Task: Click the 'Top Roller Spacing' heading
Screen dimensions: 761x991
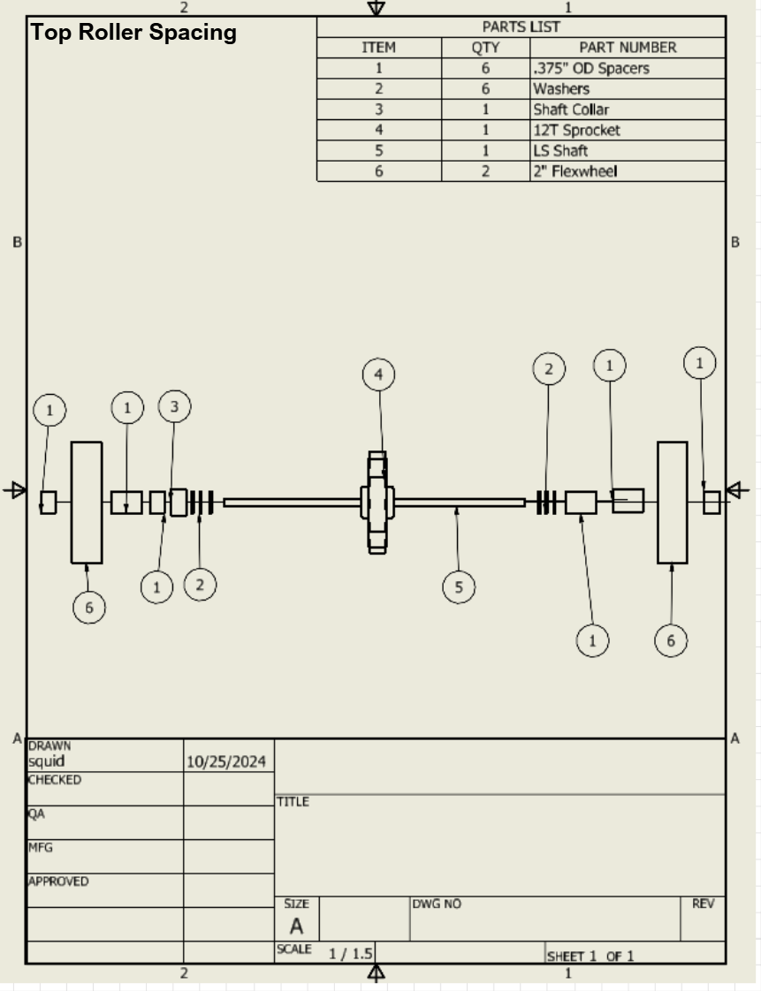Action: point(133,32)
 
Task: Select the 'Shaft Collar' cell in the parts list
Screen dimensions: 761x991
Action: point(571,110)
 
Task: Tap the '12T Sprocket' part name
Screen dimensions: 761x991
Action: point(576,130)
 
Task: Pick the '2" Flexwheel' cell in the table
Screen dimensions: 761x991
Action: point(575,171)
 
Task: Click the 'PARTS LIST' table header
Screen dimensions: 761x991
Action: point(521,26)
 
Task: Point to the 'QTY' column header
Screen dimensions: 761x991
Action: point(485,48)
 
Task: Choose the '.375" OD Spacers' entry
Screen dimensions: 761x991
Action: point(590,68)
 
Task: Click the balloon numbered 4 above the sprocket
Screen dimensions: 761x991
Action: point(378,374)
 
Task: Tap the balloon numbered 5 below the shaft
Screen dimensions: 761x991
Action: point(459,587)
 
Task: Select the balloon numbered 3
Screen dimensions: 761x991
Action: point(175,406)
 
